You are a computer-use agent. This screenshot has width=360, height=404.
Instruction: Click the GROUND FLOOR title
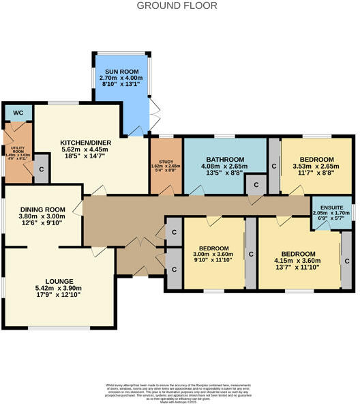pos(177,6)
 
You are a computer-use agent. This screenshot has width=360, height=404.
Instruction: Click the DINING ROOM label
pos(42,210)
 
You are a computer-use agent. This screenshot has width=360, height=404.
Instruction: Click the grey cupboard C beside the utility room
pos(41,169)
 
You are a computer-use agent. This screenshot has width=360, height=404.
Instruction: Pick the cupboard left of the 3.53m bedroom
pos(273,166)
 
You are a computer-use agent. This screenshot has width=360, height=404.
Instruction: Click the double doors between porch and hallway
pos(139,243)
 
